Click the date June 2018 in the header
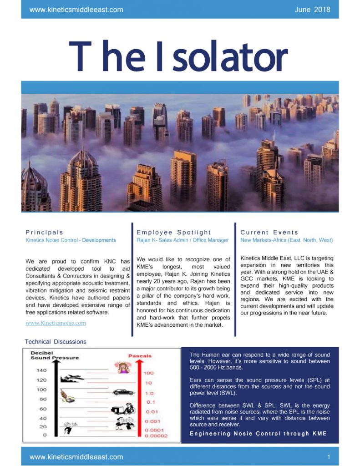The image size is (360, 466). (x=312, y=10)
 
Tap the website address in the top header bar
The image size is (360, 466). (x=76, y=10)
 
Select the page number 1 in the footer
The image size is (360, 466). (x=329, y=456)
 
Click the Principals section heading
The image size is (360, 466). (x=45, y=232)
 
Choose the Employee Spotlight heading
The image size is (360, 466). (x=174, y=232)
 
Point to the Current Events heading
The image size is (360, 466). (x=269, y=232)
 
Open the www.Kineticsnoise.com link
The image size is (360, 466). (x=56, y=323)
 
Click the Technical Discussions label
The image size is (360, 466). (x=55, y=341)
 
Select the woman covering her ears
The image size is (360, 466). (x=123, y=367)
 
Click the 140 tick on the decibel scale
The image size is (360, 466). (x=41, y=370)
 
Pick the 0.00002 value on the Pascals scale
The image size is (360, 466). (x=156, y=436)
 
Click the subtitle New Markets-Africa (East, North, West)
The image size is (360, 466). (x=286, y=240)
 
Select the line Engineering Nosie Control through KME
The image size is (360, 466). (x=258, y=433)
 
